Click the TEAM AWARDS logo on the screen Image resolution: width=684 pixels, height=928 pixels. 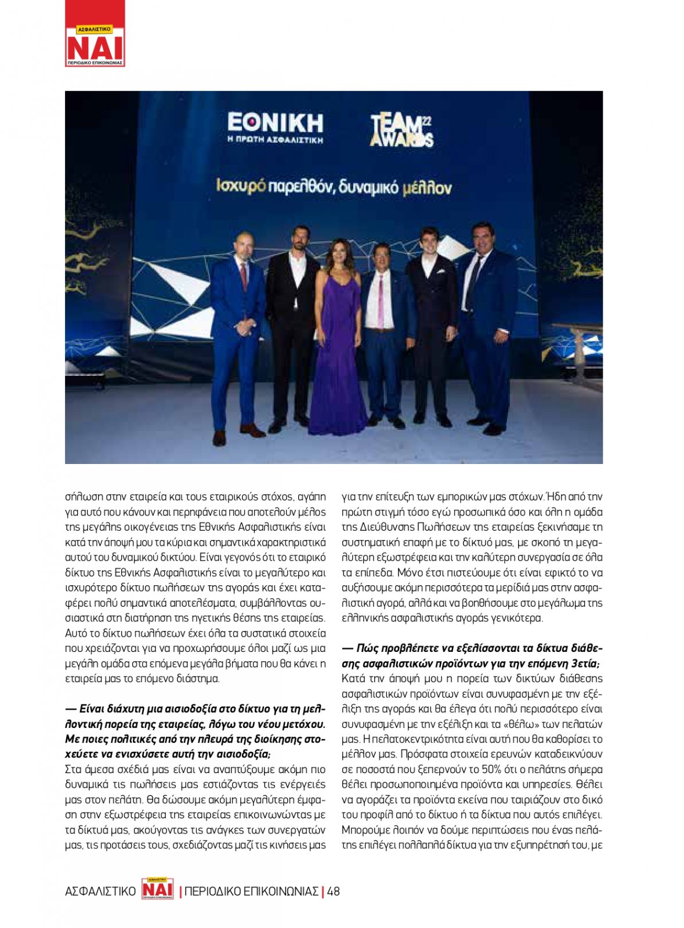[x=401, y=130]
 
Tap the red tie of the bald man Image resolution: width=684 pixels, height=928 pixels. [x=244, y=277]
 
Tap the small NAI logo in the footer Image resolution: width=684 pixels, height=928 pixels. [x=157, y=889]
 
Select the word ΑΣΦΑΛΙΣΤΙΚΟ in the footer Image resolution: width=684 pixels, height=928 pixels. [x=100, y=891]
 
